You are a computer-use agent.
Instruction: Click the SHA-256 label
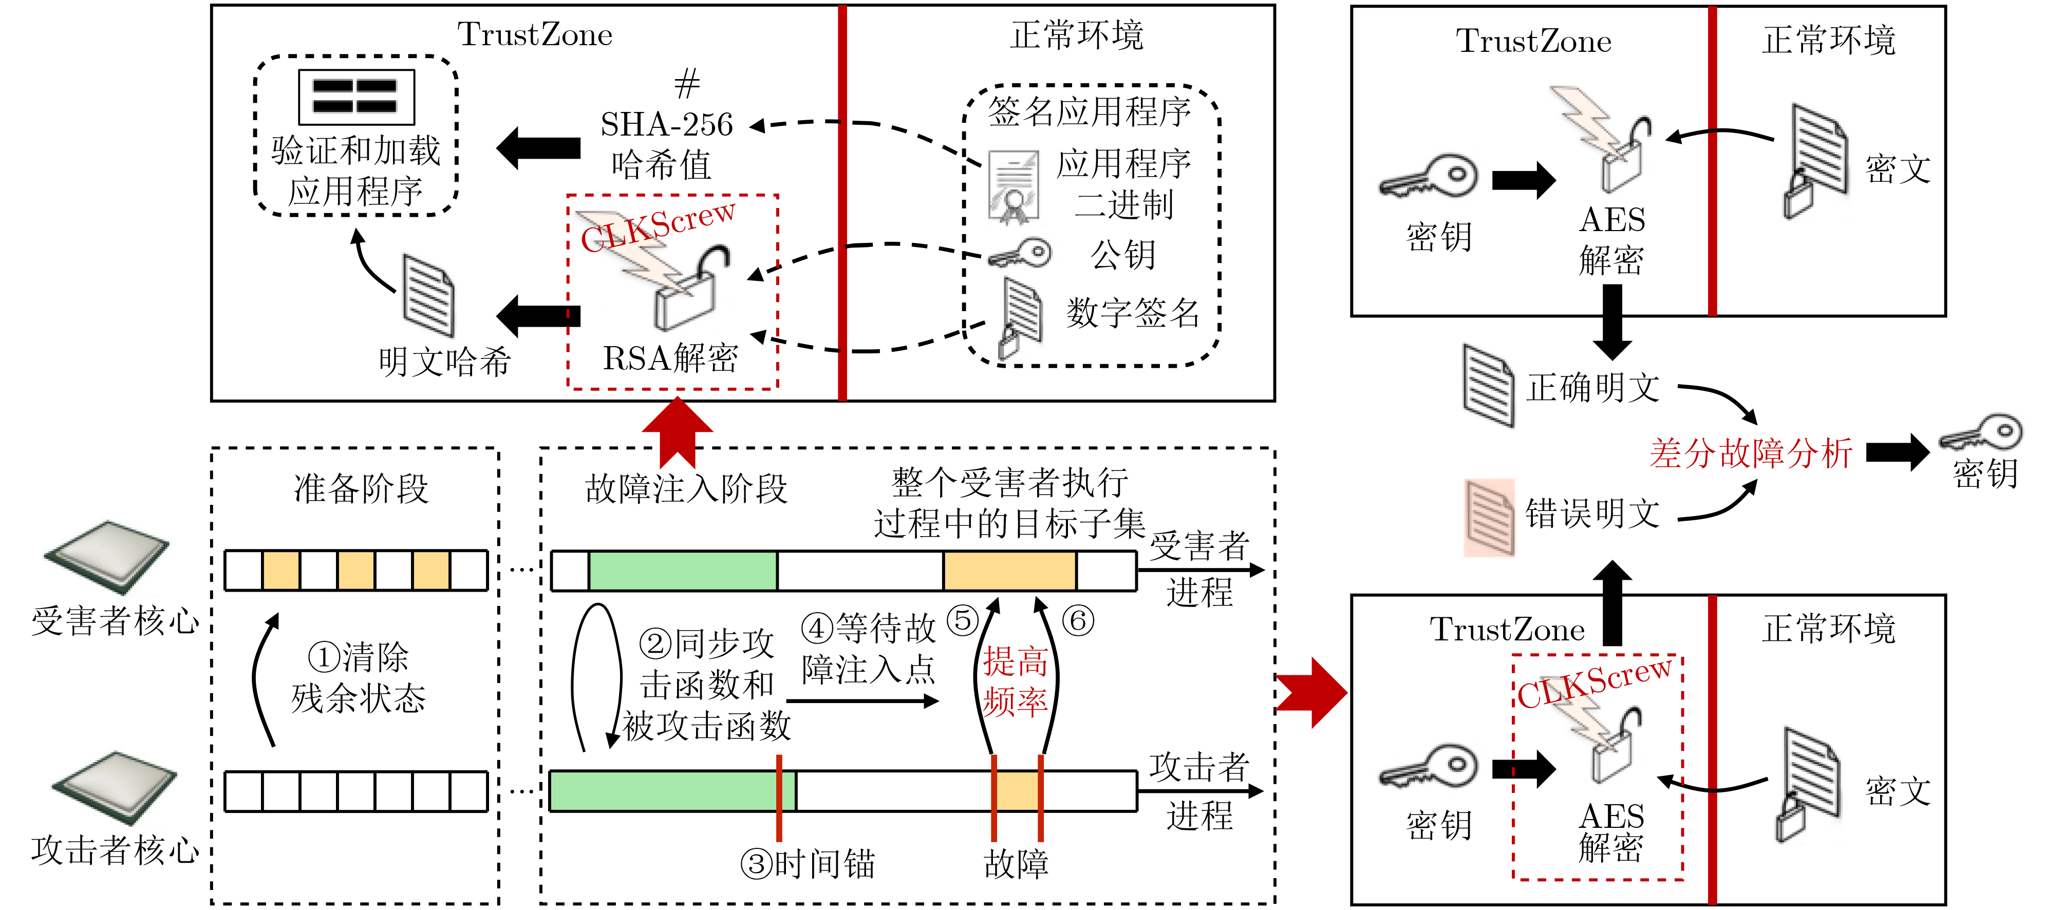pos(666,124)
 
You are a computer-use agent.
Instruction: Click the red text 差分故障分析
pos(1751,453)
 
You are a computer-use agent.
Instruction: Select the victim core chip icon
pos(107,556)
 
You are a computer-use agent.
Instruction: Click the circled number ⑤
pos(963,620)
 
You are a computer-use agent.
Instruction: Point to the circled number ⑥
pos(1078,620)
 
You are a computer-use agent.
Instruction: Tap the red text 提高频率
pos(1016,681)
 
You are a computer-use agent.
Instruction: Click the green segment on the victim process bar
pos(682,571)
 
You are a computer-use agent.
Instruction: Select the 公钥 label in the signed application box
pos(1123,255)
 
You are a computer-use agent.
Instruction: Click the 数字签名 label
pos(1132,312)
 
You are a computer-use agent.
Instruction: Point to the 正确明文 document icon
pos(1488,386)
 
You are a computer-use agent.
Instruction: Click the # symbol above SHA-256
pos(686,83)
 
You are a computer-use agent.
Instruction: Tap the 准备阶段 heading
pos(361,488)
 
